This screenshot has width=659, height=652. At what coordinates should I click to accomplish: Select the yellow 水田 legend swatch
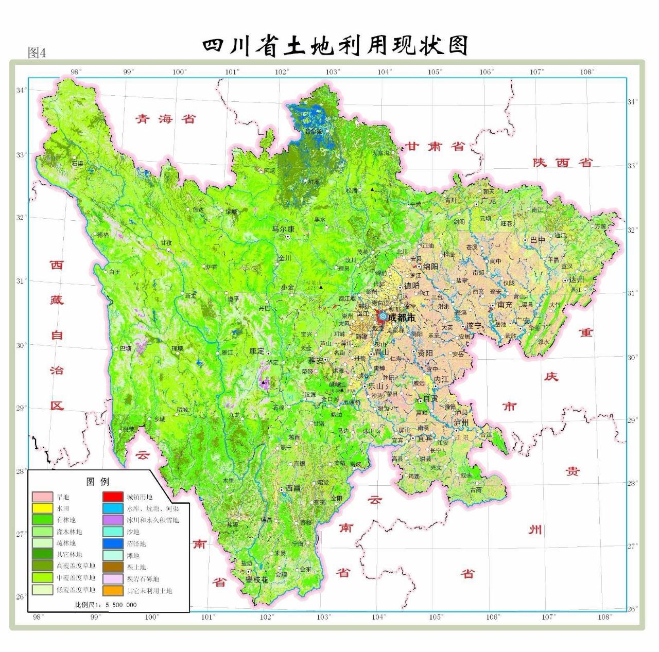[x=42, y=508]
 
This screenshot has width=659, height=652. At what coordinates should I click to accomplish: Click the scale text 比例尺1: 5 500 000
[x=106, y=605]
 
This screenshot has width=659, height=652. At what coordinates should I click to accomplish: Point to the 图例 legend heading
[x=98, y=482]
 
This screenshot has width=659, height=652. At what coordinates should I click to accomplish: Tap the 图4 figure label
[x=37, y=52]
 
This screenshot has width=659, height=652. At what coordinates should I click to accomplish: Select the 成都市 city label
[x=402, y=318]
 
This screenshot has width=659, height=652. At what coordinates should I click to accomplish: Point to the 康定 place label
[x=257, y=351]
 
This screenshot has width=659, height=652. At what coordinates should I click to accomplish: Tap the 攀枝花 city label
[x=256, y=579]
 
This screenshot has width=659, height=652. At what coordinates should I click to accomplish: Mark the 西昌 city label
[x=292, y=488]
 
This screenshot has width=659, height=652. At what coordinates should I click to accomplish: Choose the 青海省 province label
[x=166, y=119]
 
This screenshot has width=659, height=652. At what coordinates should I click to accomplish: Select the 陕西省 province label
[x=563, y=163]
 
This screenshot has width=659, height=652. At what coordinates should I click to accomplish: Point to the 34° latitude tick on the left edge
[x=21, y=91]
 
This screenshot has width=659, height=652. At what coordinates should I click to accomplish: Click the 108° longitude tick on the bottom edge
[x=604, y=616]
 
